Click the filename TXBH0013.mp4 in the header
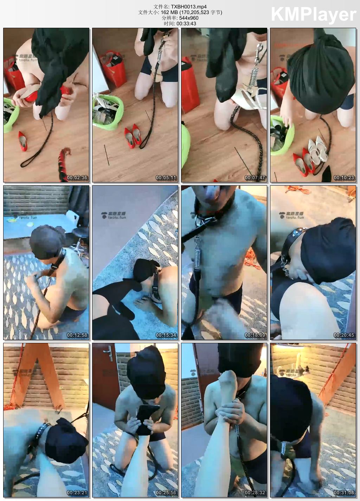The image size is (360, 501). pyautogui.click(x=188, y=7)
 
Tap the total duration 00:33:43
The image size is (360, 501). pyautogui.click(x=186, y=24)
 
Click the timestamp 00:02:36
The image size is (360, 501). pyautogui.click(x=77, y=178)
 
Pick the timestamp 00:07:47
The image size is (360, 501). pyautogui.click(x=255, y=178)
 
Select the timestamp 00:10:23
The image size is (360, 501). pyautogui.click(x=344, y=178)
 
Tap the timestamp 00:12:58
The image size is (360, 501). pyautogui.click(x=77, y=335)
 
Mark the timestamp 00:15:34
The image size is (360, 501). pyautogui.click(x=166, y=335)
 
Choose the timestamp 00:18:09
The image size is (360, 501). pyautogui.click(x=255, y=335)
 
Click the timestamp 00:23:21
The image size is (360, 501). pyautogui.click(x=77, y=493)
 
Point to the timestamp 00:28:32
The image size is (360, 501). pyautogui.click(x=255, y=493)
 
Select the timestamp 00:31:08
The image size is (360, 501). pyautogui.click(x=344, y=493)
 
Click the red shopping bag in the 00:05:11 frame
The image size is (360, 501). pyautogui.click(x=115, y=69)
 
